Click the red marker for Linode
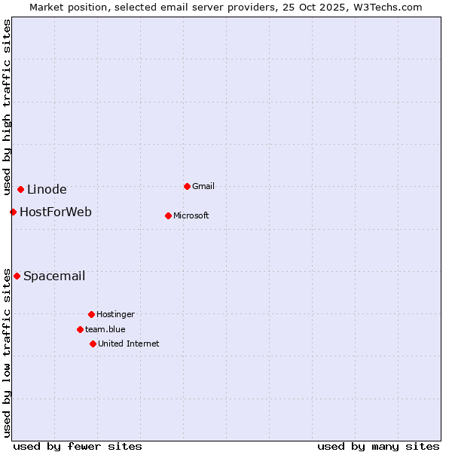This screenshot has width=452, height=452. pyautogui.click(x=20, y=189)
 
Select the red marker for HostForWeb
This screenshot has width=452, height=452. pyautogui.click(x=13, y=212)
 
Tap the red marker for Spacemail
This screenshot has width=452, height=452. pyautogui.click(x=17, y=276)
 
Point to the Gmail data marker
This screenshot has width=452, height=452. pyautogui.click(x=187, y=186)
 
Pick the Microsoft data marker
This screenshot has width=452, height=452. pyautogui.click(x=168, y=215)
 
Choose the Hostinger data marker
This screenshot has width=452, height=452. pyautogui.click(x=91, y=314)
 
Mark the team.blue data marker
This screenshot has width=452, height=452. pyautogui.click(x=80, y=329)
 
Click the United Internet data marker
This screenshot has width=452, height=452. pyautogui.click(x=93, y=344)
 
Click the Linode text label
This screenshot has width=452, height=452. pyautogui.click(x=47, y=189)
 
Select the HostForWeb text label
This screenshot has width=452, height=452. pyautogui.click(x=56, y=212)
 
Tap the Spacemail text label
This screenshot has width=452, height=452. pyautogui.click(x=54, y=276)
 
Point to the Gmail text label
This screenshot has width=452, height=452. pyautogui.click(x=203, y=186)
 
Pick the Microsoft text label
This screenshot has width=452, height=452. pyautogui.click(x=191, y=215)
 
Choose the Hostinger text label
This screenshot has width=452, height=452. pyautogui.click(x=115, y=314)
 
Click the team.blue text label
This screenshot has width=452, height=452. pyautogui.click(x=105, y=329)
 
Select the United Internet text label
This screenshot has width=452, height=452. pyautogui.click(x=129, y=344)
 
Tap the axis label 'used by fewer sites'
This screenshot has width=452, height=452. pyautogui.click(x=78, y=446)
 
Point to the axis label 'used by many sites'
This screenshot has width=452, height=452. pyautogui.click(x=378, y=446)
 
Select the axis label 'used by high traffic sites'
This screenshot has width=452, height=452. pyautogui.click(x=7, y=108)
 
